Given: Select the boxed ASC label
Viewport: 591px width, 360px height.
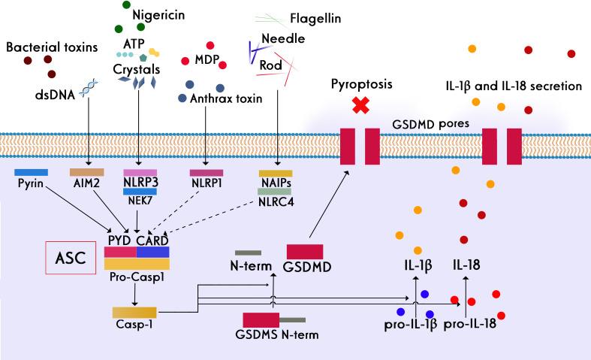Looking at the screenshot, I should pos(69,258).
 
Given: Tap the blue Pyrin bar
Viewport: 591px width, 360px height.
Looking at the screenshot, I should pos(31,173).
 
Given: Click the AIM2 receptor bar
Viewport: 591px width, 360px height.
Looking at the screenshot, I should pos(86,173).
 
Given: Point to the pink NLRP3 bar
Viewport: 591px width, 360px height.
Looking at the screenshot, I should pos(140,173).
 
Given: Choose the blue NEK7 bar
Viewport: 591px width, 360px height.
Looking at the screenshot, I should pos(140,191).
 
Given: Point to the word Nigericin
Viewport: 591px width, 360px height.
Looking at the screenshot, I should pos(158,14).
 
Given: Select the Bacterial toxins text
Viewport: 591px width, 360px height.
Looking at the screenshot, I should pos(52,47).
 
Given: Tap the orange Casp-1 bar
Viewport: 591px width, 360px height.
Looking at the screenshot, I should pos(134,312).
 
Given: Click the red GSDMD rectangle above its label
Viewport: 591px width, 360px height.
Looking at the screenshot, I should pos(305,252).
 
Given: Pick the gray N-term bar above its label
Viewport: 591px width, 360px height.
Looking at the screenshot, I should pos(248,253).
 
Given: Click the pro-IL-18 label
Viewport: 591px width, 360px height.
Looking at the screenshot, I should pos(469,325).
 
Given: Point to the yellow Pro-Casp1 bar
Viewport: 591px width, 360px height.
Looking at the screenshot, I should pos(137,264).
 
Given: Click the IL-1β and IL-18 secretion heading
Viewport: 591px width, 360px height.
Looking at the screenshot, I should pos(514,86).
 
